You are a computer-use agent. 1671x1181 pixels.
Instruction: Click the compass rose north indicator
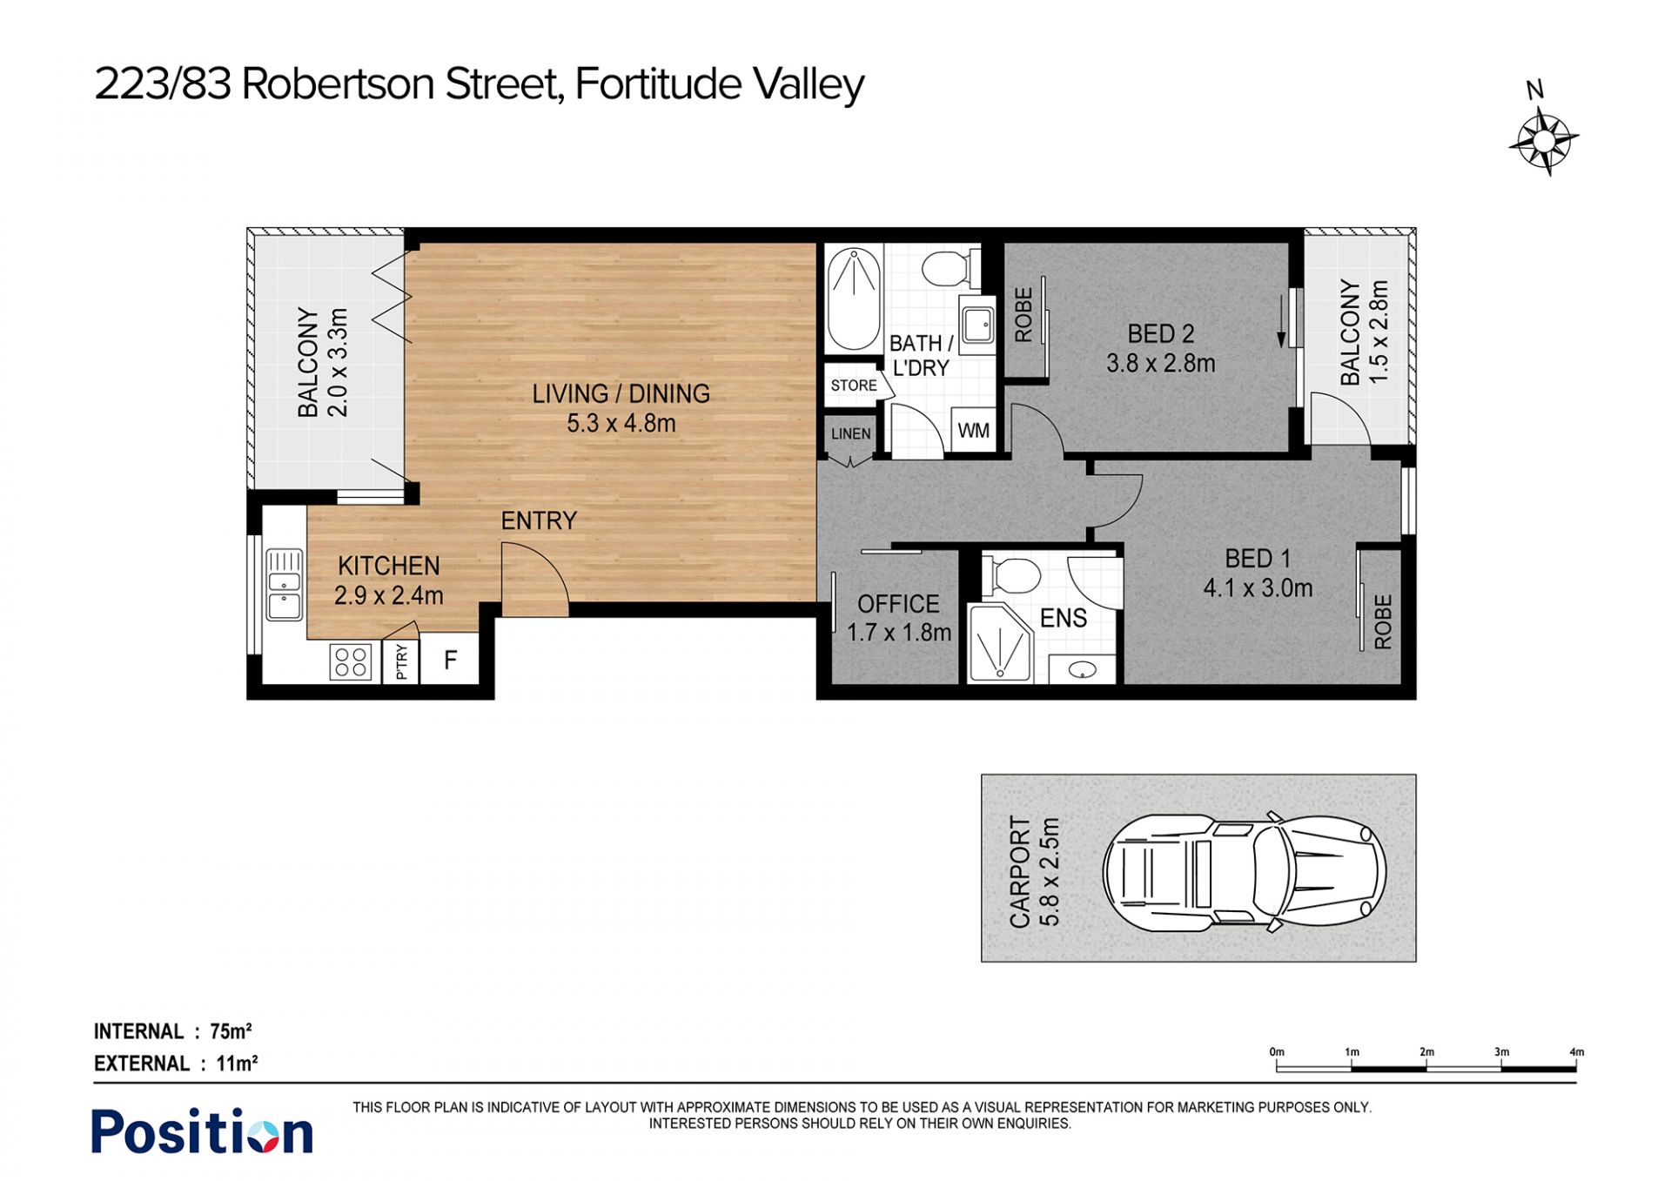1543,139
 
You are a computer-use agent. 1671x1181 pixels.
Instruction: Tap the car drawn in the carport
1245,873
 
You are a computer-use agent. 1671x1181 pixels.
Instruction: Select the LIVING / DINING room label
621,394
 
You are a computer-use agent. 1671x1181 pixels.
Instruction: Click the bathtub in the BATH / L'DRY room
853,299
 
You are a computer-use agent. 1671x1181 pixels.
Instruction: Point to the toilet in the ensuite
1012,576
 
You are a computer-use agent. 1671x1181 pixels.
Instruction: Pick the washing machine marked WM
973,430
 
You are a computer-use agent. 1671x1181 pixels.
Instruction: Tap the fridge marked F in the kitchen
449,659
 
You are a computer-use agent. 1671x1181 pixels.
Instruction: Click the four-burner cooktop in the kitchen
351,661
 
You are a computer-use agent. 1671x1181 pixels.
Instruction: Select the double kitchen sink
285,584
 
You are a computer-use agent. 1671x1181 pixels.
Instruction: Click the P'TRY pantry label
401,661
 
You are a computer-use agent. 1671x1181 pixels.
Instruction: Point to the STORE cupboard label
853,386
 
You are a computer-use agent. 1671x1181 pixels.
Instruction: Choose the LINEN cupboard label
850,433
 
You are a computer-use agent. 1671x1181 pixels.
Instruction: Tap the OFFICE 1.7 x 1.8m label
898,618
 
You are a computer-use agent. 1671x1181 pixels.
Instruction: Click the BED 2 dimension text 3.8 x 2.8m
1161,363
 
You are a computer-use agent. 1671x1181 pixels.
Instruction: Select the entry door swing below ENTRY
535,579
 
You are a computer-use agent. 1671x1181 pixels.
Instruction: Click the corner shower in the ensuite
999,644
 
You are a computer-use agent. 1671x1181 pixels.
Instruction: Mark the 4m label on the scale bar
1576,1052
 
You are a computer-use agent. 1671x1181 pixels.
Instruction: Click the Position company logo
202,1131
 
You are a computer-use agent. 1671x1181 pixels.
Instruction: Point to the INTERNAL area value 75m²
231,1031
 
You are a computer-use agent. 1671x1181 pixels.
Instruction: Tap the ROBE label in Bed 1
1383,621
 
